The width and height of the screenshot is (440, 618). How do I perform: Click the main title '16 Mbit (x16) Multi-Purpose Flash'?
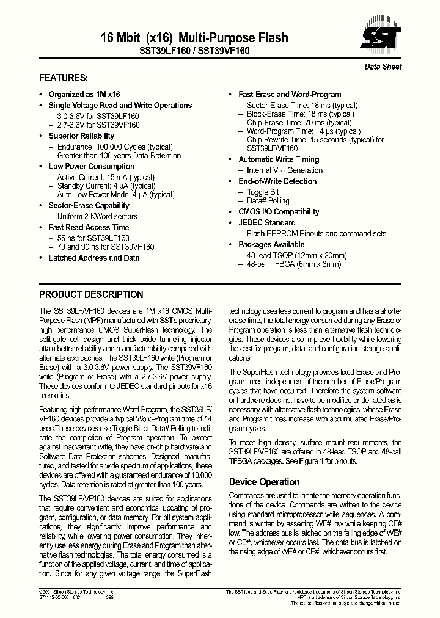(x=194, y=38)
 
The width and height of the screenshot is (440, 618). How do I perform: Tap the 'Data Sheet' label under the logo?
(x=383, y=67)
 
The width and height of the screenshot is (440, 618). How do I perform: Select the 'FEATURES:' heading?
(x=64, y=78)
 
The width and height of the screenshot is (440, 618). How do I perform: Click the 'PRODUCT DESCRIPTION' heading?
(x=91, y=294)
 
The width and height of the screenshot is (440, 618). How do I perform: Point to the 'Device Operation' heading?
(x=264, y=482)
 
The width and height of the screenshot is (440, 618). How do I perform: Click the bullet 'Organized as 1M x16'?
(x=84, y=95)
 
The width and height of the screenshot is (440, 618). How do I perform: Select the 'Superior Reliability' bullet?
(x=81, y=136)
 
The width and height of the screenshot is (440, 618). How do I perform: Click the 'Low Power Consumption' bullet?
(x=92, y=167)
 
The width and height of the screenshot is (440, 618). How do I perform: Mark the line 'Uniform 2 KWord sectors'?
(x=97, y=217)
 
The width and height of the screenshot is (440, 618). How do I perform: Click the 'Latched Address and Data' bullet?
(x=94, y=258)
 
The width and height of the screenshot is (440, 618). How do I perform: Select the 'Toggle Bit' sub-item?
(x=263, y=192)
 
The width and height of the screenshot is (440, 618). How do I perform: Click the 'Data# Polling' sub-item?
(x=268, y=201)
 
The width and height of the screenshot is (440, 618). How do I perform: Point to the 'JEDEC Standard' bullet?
(x=267, y=223)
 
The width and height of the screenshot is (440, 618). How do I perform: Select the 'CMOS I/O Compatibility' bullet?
(x=279, y=212)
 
